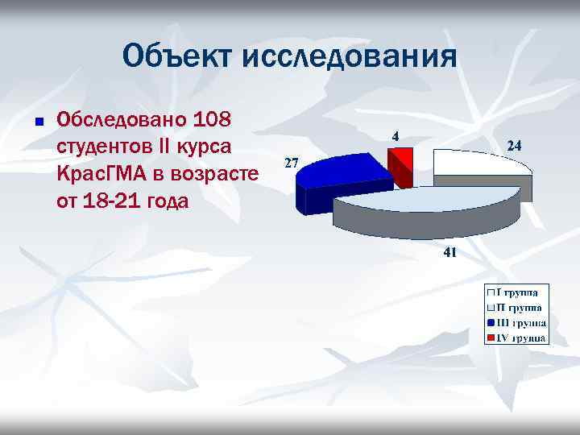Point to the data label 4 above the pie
[396, 136]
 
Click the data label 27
[292, 163]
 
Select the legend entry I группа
[516, 292]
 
